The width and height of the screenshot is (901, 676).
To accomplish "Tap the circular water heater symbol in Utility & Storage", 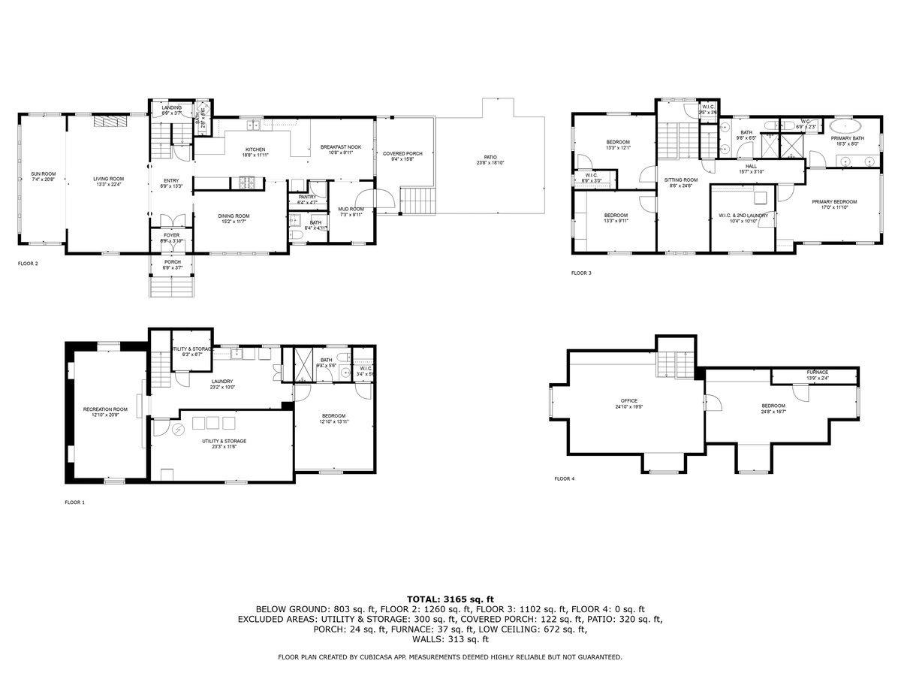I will tap(179, 430).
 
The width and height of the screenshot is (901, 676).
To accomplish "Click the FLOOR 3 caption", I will tap(581, 273).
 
